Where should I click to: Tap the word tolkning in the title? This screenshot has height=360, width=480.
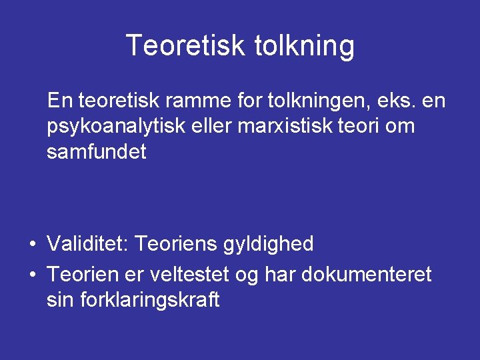tap(305, 46)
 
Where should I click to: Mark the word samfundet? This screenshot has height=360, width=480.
tap(96, 153)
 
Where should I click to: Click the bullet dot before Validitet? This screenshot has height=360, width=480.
tap(32, 245)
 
